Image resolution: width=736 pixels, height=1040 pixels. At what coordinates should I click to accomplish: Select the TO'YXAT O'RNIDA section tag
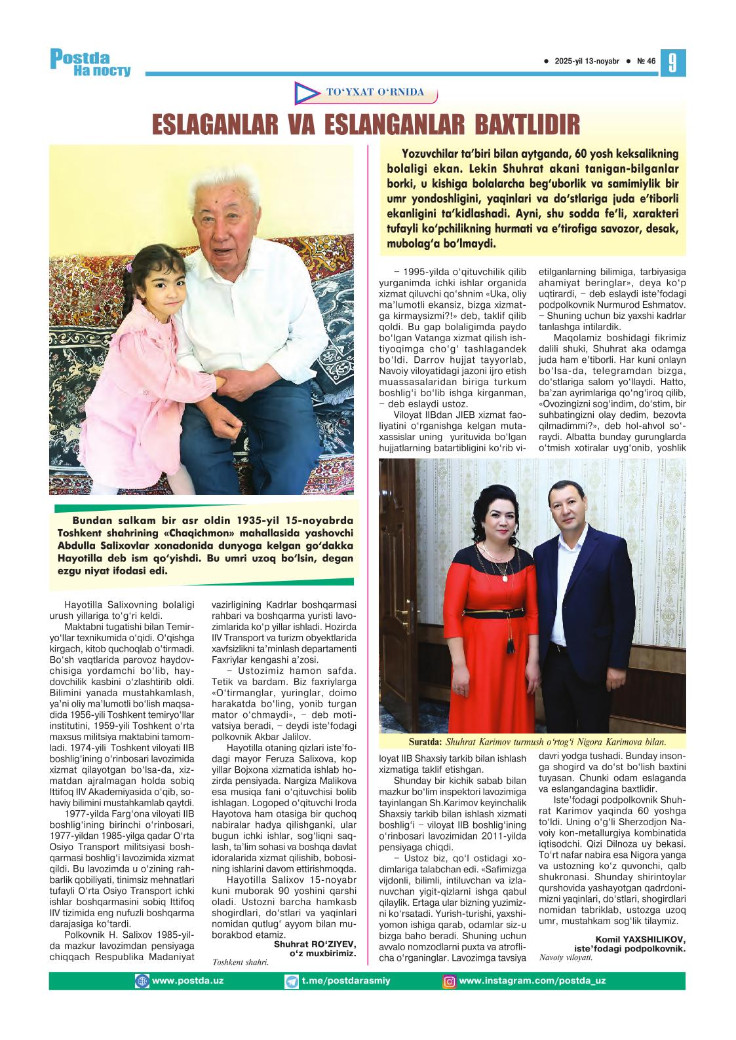(x=375, y=92)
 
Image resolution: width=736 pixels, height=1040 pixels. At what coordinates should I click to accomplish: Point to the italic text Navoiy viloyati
(x=566, y=957)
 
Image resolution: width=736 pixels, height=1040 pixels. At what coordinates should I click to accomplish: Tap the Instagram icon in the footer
(x=450, y=981)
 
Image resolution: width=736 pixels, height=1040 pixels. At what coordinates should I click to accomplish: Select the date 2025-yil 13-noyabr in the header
(x=587, y=62)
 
